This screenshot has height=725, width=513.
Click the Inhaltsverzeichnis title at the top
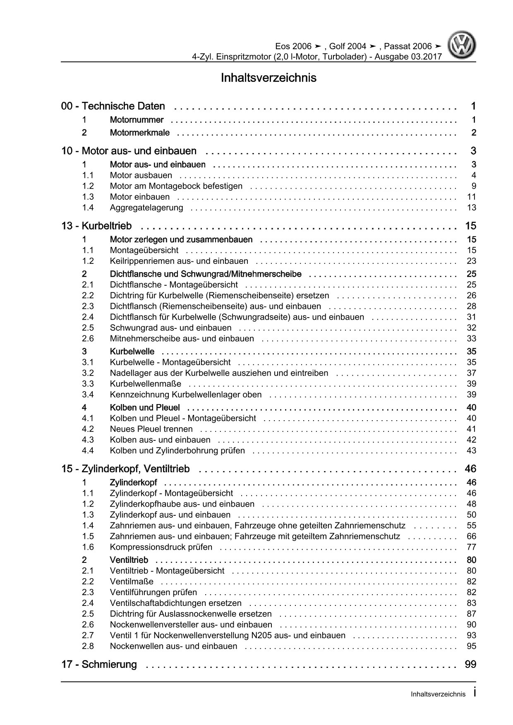pos(268,78)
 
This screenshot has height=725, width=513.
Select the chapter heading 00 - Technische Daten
pos(113,106)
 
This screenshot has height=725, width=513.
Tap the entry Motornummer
pos(137,120)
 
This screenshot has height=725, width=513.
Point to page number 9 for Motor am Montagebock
pos(474,186)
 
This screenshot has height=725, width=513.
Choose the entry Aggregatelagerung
pos(146,208)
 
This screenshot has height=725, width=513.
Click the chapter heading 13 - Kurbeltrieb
pos(96,226)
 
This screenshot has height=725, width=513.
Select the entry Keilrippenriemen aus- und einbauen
pos(179,261)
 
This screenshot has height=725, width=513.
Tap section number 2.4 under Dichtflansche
pos(88,317)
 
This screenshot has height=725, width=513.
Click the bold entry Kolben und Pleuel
pos(145,408)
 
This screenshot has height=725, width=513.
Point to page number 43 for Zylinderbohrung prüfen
pos(471,450)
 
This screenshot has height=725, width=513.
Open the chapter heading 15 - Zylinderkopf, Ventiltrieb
pos(125,469)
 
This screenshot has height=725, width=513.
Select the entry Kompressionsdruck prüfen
pos(161,547)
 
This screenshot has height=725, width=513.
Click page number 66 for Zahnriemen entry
pos(471,536)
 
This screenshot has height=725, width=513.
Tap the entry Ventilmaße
pos(132,581)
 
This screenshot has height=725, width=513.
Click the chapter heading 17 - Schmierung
pos(99,665)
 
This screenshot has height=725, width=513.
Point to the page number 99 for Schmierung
pos(470,665)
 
